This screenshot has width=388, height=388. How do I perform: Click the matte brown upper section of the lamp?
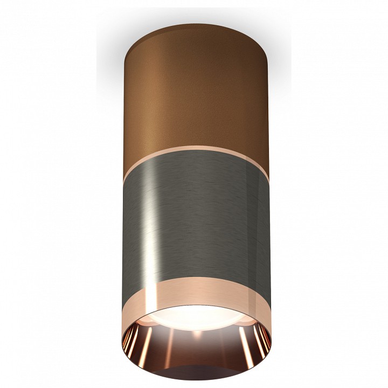click(197, 97)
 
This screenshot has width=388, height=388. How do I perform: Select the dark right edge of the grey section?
click(264, 226)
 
